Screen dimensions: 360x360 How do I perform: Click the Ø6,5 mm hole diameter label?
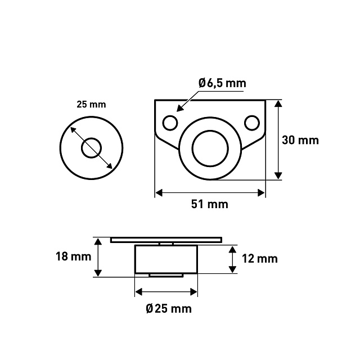(222, 83)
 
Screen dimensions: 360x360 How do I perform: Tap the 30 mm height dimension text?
(300, 140)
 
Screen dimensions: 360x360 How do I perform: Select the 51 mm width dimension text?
(210, 204)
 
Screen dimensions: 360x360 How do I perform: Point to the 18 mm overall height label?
(74, 256)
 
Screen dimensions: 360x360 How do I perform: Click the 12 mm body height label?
(260, 259)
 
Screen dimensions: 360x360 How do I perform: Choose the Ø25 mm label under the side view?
(169, 309)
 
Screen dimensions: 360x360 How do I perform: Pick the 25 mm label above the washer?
(91, 105)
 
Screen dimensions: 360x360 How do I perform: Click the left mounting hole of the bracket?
(170, 123)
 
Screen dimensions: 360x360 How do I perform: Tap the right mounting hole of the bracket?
(252, 123)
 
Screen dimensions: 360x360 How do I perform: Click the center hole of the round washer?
(91, 148)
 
